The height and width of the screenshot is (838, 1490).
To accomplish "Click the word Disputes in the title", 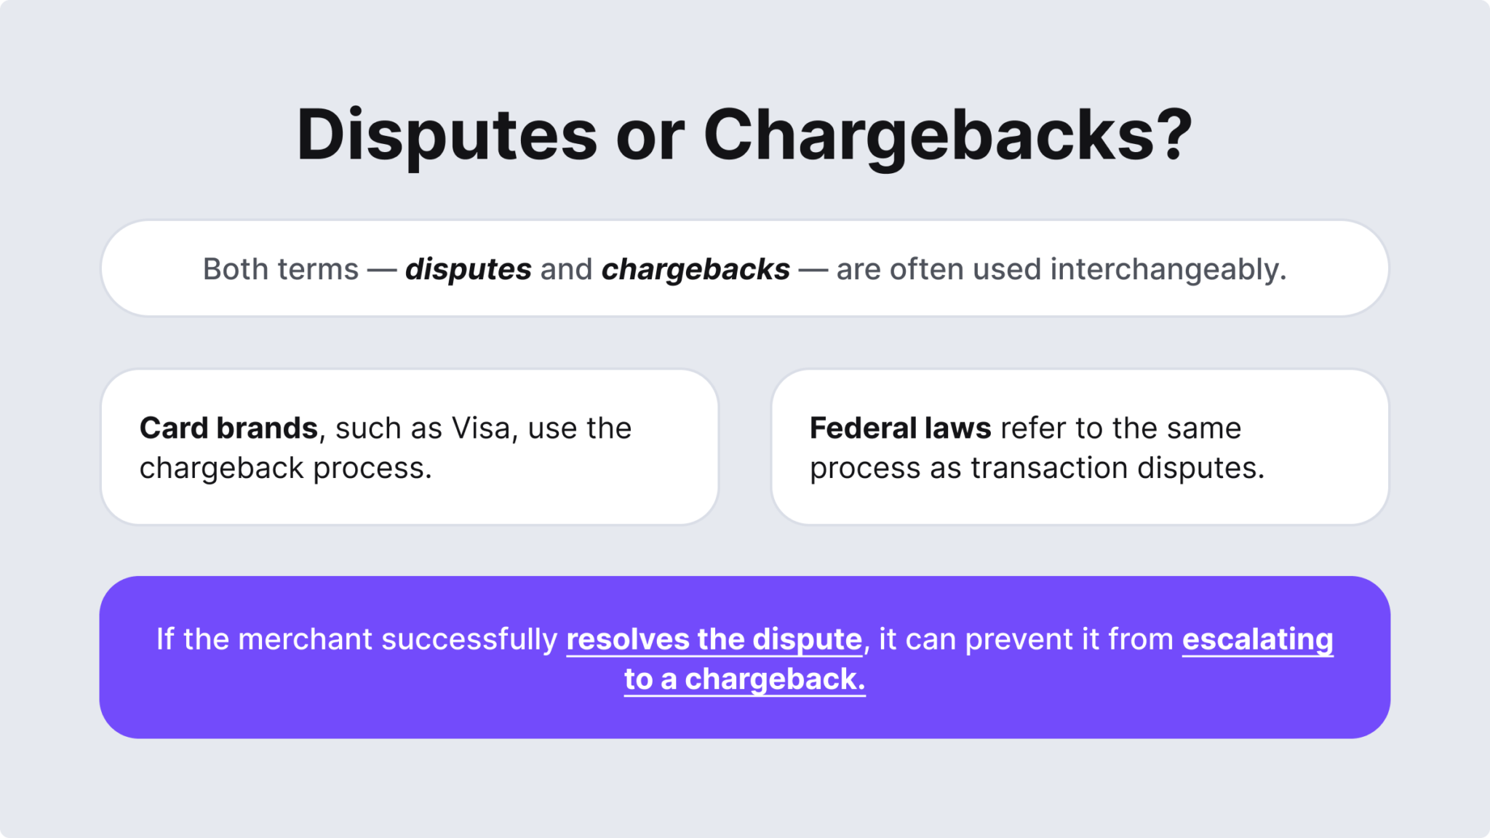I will (x=446, y=135).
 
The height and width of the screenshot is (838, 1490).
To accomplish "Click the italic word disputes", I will (x=468, y=269).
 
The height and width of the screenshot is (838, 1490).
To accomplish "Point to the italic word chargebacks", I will (x=695, y=269).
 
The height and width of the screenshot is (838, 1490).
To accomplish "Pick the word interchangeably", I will (x=1168, y=269).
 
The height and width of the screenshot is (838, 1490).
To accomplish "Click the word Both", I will (x=235, y=269).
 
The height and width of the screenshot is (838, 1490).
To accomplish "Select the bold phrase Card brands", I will (x=228, y=428).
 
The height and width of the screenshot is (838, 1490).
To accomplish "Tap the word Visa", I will (x=481, y=428).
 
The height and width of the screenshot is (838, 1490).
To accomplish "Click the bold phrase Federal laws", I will (x=900, y=428).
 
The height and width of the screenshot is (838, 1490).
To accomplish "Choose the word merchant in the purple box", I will (x=306, y=639).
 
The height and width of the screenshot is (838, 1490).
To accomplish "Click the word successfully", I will (x=469, y=639).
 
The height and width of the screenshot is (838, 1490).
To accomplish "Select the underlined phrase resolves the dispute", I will (x=714, y=639).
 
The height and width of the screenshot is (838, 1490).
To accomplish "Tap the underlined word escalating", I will (x=1257, y=639).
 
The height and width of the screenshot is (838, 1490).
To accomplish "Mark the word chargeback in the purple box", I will (x=774, y=679).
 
